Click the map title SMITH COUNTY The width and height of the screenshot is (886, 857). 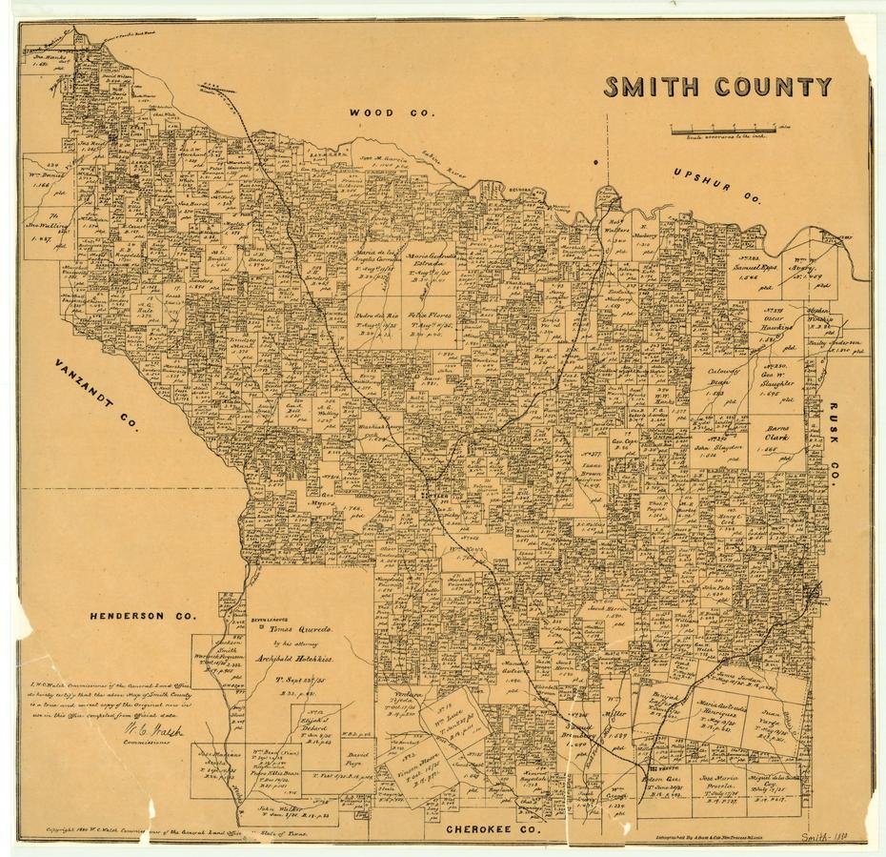point(717,88)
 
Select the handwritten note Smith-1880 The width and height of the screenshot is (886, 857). point(829,835)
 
